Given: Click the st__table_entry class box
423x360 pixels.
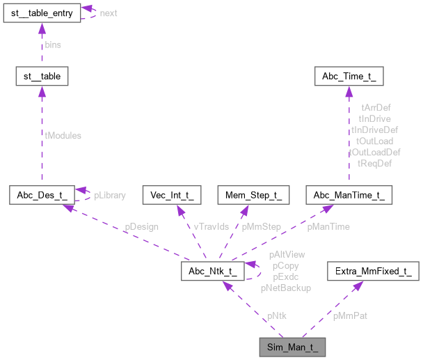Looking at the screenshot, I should click(x=40, y=13).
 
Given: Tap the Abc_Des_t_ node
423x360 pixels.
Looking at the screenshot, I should click(x=40, y=195).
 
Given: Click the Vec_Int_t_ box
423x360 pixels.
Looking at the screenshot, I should click(x=171, y=195).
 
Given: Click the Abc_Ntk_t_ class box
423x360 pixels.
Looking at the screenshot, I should click(x=211, y=271).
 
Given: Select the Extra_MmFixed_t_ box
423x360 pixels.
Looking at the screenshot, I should click(x=373, y=271).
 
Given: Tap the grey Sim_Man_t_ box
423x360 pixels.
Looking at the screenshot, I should click(x=292, y=345).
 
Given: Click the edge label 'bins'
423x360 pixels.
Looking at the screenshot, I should click(x=53, y=44).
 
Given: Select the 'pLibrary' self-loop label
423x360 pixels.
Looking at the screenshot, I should click(x=110, y=195).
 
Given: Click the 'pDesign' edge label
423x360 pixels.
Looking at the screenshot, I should click(x=141, y=226).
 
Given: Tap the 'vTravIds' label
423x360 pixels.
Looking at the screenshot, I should click(x=211, y=226).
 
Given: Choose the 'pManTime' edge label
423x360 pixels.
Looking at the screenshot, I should click(x=328, y=226).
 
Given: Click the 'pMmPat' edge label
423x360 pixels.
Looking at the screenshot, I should click(x=350, y=315).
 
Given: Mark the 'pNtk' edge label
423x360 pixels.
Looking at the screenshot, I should click(x=277, y=315).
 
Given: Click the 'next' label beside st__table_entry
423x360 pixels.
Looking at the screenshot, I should click(x=109, y=13).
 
